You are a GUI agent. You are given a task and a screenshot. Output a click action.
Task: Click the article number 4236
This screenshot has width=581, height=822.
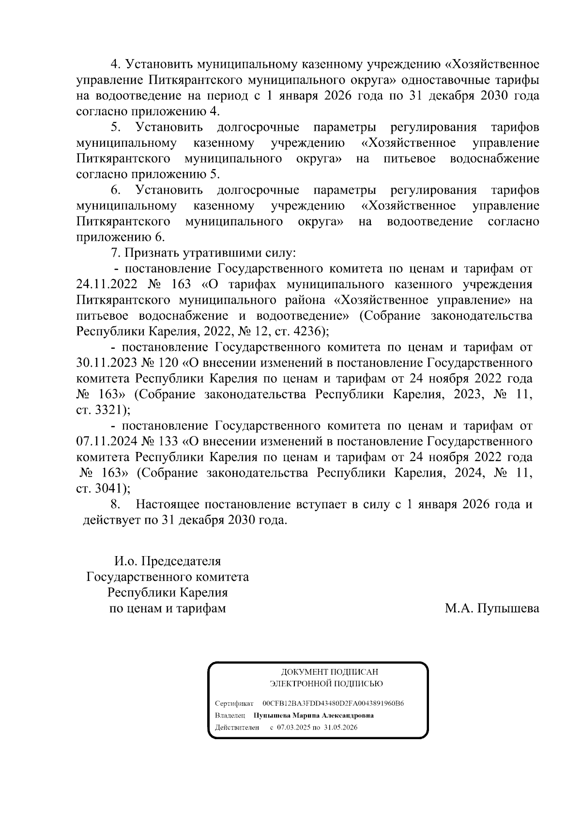(x=309, y=332)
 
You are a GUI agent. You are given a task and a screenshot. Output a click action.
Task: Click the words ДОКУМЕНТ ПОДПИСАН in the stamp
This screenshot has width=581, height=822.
(x=329, y=672)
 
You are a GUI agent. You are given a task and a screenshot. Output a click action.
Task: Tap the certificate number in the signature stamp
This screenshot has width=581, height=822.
(x=333, y=703)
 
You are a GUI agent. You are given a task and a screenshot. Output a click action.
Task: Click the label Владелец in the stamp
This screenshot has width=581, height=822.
(x=230, y=715)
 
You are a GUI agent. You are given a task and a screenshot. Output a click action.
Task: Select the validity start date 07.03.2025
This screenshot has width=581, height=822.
(x=293, y=728)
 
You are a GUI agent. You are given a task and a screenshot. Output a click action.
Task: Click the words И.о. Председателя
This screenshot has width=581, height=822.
(x=168, y=561)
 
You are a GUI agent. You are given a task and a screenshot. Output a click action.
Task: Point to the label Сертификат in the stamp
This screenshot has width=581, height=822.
(x=234, y=703)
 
